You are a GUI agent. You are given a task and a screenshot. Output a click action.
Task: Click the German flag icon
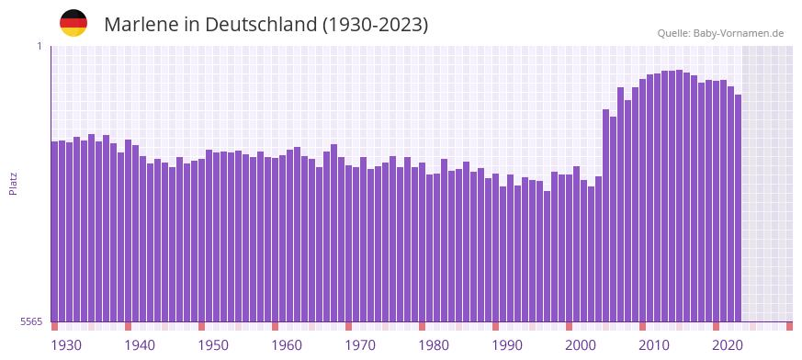[x=73, y=23]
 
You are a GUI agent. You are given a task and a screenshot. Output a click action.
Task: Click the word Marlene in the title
[x=141, y=25]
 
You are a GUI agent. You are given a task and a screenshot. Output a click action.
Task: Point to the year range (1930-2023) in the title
[x=376, y=25]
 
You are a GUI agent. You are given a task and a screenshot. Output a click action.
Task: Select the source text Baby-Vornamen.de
[x=738, y=33]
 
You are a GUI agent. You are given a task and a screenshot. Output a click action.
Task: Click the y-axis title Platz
[x=13, y=183]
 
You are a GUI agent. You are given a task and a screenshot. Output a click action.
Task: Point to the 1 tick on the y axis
[x=40, y=46]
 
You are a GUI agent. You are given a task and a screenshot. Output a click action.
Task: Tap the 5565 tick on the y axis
[x=30, y=321]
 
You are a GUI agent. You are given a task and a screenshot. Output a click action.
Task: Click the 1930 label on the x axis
[x=66, y=345]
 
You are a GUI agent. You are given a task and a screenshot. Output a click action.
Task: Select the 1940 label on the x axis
[x=140, y=345]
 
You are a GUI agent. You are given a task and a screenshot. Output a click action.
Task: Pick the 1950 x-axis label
[x=213, y=345]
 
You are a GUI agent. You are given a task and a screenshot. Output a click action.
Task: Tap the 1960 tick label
[x=287, y=345]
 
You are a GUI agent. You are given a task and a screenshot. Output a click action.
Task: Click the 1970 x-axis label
[x=360, y=345]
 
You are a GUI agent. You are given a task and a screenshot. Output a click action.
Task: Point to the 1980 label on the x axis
[x=434, y=345]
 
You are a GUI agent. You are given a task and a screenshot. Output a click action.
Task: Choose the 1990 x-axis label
[x=507, y=345]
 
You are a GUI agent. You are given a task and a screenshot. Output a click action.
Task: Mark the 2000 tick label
[x=581, y=345]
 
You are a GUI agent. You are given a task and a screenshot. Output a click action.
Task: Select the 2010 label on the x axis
[x=654, y=345]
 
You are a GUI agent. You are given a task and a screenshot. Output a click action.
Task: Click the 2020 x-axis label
[x=728, y=345]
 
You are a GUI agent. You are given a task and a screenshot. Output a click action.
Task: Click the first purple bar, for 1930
[x=54, y=230]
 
